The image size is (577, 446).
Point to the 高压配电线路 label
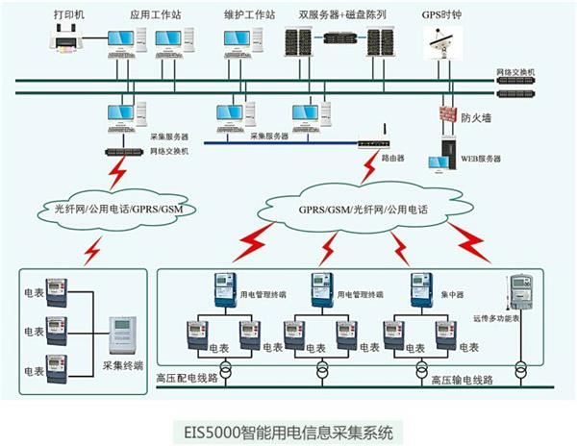tap(192, 381)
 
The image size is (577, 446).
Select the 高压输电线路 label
tap(462, 381)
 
